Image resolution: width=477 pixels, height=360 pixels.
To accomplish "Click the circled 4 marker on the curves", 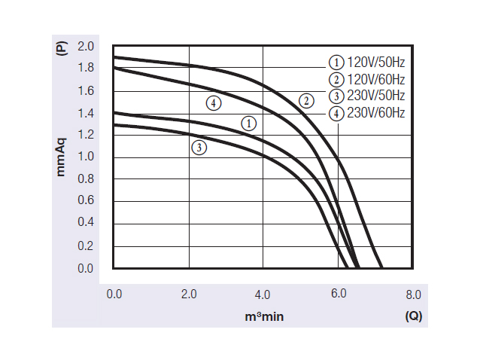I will point(214,103).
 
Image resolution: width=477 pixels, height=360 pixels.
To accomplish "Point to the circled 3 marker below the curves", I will point(199,148).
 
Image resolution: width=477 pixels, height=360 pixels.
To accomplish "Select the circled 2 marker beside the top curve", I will point(305,100).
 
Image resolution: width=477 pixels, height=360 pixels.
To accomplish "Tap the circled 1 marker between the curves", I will point(249,123).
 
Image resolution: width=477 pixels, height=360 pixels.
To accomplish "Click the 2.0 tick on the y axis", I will point(86,47).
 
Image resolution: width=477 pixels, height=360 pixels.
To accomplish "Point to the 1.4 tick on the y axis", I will point(86,114).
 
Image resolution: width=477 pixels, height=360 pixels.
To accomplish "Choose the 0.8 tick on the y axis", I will point(86,179).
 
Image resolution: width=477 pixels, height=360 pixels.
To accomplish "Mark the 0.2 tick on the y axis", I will point(86,246).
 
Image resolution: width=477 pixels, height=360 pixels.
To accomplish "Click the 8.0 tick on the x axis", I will point(412,294).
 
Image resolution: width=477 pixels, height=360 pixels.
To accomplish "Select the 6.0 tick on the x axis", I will point(338,294).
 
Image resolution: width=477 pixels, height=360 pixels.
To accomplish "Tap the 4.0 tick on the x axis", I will point(263,294).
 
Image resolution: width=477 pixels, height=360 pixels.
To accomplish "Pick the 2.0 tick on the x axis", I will point(188,294).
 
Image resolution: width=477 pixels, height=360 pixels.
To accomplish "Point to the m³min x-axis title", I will point(264,317).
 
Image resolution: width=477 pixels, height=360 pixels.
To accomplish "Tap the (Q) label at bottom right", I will point(413,316).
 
